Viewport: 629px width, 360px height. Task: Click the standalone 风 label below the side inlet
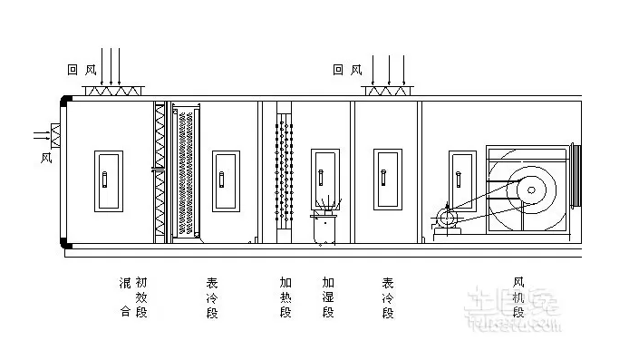pyautogui.click(x=47, y=157)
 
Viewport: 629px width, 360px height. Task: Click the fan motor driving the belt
pyautogui.click(x=446, y=219)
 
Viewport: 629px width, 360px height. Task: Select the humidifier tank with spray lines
pyautogui.click(x=324, y=226)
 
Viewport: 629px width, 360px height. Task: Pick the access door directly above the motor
pyautogui.click(x=460, y=178)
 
